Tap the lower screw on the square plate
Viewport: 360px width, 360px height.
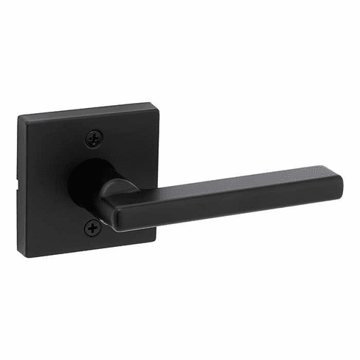click(x=93, y=228)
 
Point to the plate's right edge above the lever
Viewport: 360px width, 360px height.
click(x=151, y=147)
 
